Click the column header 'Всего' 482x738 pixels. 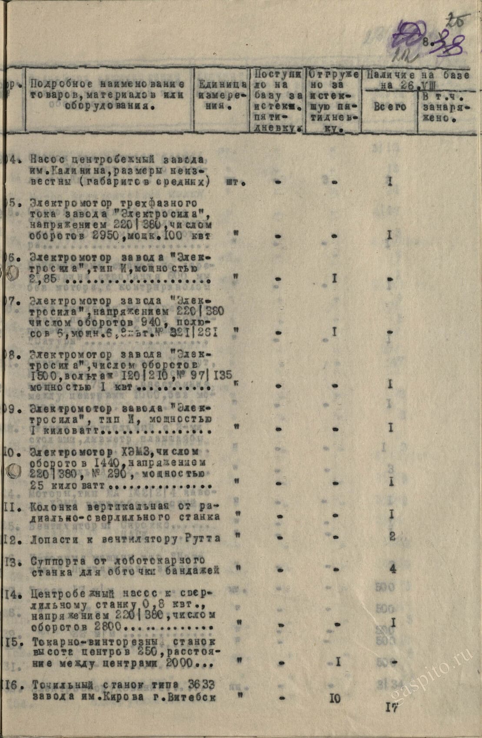(x=389, y=106)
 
